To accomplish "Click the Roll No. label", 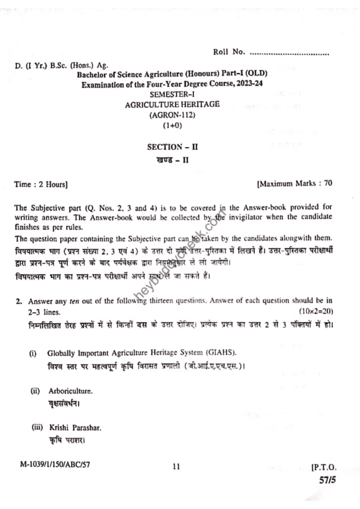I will click(229, 52).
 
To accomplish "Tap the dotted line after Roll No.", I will click(289, 52).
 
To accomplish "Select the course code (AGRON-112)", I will click(172, 115).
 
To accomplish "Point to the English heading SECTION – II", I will click(173, 147).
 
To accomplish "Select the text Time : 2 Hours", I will click(41, 184).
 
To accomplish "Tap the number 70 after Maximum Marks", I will click(328, 183).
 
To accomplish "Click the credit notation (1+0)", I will click(173, 126).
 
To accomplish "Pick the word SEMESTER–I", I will click(173, 94).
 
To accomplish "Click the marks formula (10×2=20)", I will click(315, 311).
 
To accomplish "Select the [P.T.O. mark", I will click(324, 468).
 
